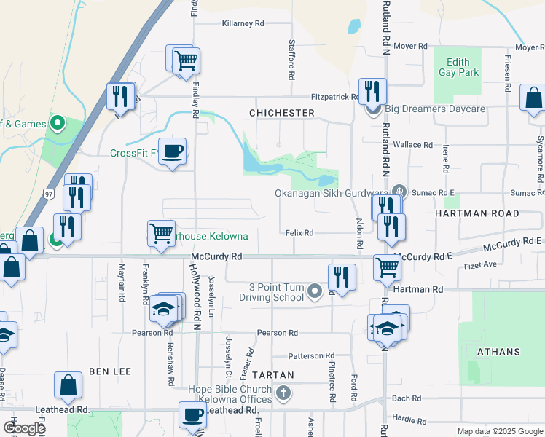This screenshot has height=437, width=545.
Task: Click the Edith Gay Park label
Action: point(458,68)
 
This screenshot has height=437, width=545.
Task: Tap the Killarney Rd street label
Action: point(243,23)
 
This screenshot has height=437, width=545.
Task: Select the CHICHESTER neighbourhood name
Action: point(281,113)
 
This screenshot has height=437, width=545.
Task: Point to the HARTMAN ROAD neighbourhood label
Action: point(477,213)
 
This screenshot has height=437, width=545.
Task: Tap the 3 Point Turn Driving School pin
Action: point(315,292)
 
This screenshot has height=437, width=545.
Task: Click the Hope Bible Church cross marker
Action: point(283,394)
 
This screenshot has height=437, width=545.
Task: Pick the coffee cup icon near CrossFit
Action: point(172,151)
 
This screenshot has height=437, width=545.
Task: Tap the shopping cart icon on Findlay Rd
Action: point(187,60)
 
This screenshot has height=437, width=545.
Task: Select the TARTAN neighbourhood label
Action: point(272,375)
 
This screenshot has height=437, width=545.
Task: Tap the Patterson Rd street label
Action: point(310,356)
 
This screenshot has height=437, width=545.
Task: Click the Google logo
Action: point(24,428)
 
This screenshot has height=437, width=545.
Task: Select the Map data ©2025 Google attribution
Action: point(498,431)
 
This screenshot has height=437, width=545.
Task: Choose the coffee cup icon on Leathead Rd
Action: point(193,415)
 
